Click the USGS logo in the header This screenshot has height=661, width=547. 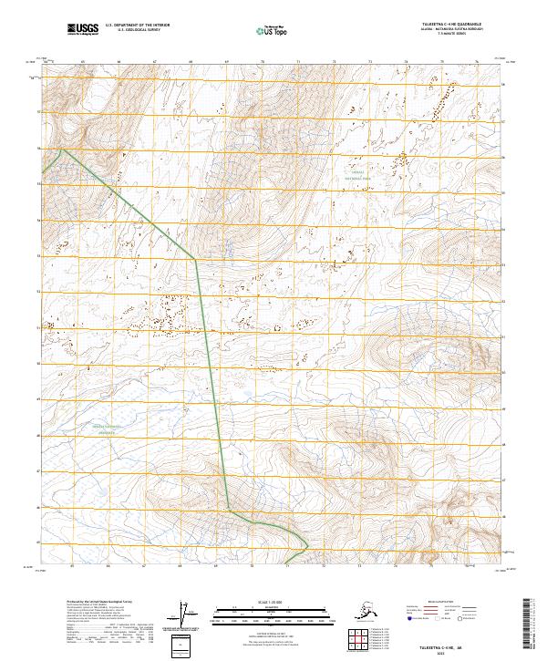point(82,30)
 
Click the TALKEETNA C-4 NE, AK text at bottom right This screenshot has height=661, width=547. point(465,644)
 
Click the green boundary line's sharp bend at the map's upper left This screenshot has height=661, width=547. point(60,150)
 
